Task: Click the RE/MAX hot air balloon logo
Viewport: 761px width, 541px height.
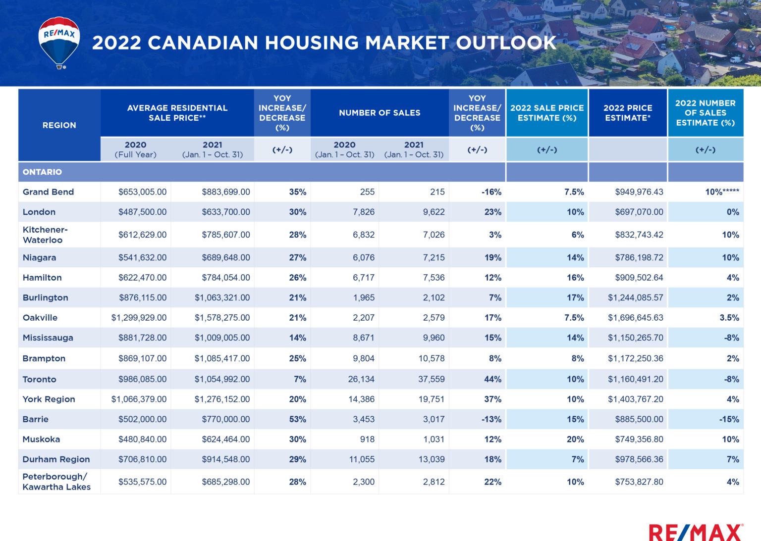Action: (59, 43)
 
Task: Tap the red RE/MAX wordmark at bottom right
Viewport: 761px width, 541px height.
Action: (696, 533)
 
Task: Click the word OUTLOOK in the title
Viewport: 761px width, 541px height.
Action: (506, 43)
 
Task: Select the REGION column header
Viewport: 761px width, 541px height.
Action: (59, 125)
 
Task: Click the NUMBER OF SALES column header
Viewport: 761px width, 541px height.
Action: (380, 113)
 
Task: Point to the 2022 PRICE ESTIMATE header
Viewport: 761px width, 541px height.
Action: (628, 113)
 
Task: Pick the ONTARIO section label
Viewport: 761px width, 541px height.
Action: (42, 172)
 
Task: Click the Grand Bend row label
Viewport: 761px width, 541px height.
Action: (48, 192)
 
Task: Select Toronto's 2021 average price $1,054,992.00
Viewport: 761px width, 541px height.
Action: (222, 380)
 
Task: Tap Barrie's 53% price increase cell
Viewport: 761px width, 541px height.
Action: (297, 419)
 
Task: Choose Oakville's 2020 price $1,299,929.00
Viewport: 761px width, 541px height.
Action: (139, 318)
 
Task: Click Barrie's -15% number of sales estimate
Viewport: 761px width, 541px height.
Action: (729, 419)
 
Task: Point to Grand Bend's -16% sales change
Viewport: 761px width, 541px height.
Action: (491, 192)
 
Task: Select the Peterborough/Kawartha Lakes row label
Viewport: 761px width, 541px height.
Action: (56, 482)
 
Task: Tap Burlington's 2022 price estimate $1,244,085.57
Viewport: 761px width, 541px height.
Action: (635, 298)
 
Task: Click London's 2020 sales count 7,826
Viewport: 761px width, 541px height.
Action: (363, 212)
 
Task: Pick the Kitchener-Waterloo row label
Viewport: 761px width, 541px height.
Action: (45, 235)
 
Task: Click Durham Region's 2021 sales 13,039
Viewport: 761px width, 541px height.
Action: (431, 459)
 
